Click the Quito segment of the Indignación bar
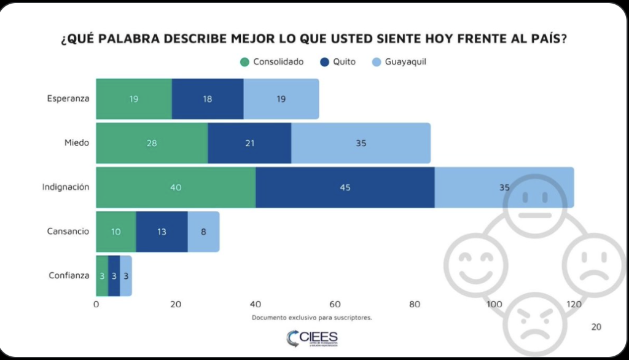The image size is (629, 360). coord(345,187)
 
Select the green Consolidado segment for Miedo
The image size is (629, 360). coord(152,143)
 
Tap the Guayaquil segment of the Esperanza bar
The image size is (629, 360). coord(281,99)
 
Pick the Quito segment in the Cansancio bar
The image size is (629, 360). coord(162,232)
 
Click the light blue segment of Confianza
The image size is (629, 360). coord(125,276)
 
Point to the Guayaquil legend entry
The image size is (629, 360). coord(399,62)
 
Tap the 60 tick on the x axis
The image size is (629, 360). coord(335,304)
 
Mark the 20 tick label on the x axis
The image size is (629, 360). coord(176,304)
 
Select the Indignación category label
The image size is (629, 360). coord(66,187)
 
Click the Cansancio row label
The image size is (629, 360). coord(68,232)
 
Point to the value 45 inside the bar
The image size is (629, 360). coord(345,187)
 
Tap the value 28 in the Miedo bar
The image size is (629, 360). coord(152,143)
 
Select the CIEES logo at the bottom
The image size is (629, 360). coord(312,337)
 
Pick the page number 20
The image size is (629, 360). coord(596,327)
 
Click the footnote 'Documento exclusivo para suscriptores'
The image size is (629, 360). coord(311,318)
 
